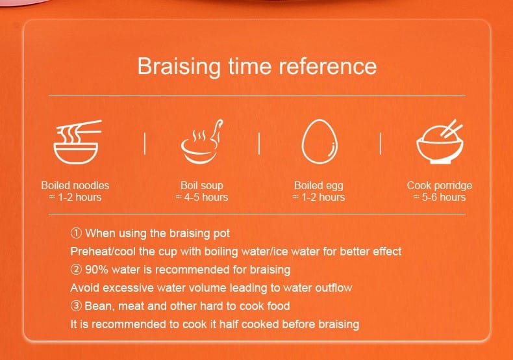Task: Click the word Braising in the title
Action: pos(179,66)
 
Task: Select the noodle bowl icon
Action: pos(77,142)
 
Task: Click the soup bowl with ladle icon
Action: pos(201,142)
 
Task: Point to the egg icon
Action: pos(319,141)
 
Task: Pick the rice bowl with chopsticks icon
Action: pos(440,142)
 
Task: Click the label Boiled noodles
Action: pos(75,185)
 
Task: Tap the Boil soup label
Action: pos(202,185)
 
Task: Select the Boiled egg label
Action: pos(319,186)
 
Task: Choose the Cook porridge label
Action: pos(440,186)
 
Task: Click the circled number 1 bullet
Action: pos(76,233)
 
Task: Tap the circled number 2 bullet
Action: pos(76,270)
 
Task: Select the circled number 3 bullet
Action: pos(76,306)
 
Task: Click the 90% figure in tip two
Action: pos(97,270)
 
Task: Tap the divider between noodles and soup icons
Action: pos(145,143)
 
